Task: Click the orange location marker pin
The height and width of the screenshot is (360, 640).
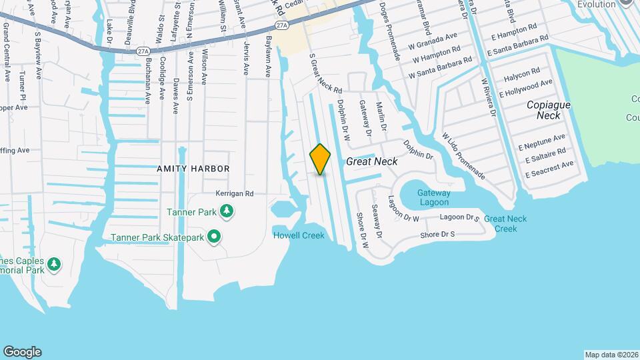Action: click(320, 159)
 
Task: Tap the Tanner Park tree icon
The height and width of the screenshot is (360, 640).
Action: click(227, 211)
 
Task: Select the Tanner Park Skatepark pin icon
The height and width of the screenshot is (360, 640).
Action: click(214, 236)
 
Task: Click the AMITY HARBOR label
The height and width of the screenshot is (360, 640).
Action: click(193, 169)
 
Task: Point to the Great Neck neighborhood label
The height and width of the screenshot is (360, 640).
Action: click(371, 162)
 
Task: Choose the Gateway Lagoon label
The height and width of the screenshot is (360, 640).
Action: click(434, 197)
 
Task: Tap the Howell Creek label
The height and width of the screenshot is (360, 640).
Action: click(299, 235)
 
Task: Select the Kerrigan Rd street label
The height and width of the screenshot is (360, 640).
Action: click(235, 194)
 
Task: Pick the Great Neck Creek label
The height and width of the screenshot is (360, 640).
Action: click(505, 223)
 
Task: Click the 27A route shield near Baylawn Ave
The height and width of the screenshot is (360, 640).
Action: click(281, 25)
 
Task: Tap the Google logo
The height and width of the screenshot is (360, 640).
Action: click(22, 351)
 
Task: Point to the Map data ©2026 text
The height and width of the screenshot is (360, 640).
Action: click(611, 355)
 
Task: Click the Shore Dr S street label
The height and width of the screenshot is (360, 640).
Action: click(437, 235)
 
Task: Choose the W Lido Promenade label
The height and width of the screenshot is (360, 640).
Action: click(463, 155)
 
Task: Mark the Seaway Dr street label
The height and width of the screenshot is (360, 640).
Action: click(377, 221)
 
